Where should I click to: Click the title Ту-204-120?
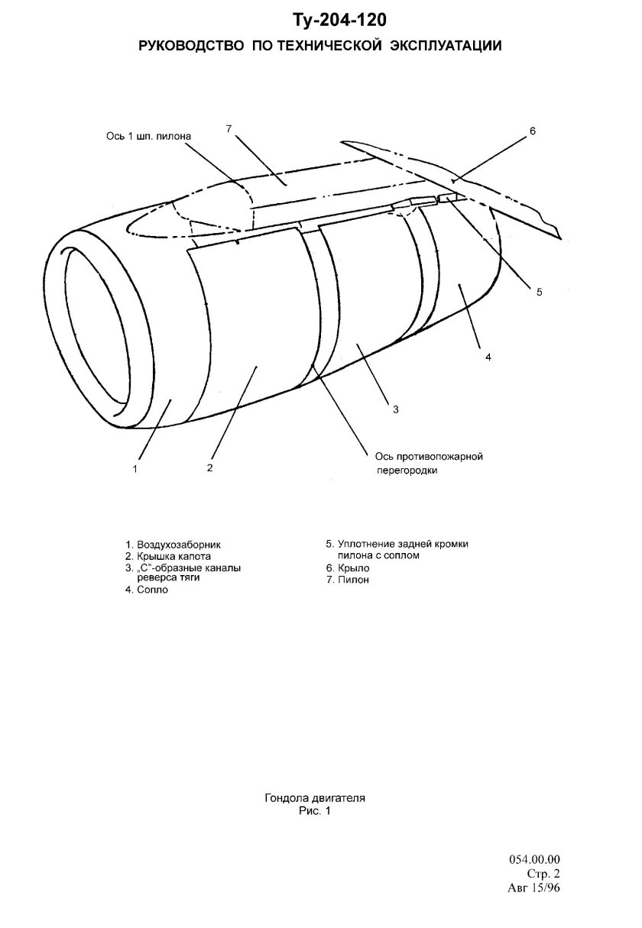pyautogui.click(x=339, y=21)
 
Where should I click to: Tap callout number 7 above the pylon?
pyautogui.click(x=229, y=129)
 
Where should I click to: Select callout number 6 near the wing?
pyautogui.click(x=532, y=131)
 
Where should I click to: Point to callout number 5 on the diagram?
pyautogui.click(x=539, y=292)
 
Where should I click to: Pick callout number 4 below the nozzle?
pyautogui.click(x=488, y=357)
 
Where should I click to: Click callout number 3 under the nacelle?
pyautogui.click(x=395, y=409)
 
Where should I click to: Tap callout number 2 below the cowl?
pyautogui.click(x=209, y=467)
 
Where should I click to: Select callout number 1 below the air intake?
pyautogui.click(x=135, y=469)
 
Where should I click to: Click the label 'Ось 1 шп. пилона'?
pyautogui.click(x=149, y=136)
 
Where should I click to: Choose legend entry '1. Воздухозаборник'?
pyautogui.click(x=173, y=545)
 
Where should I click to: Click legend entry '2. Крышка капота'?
pyautogui.click(x=168, y=556)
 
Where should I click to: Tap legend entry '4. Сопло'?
pyautogui.click(x=147, y=590)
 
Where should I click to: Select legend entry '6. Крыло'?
pyautogui.click(x=347, y=567)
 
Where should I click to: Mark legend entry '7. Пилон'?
pyautogui.click(x=347, y=579)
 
